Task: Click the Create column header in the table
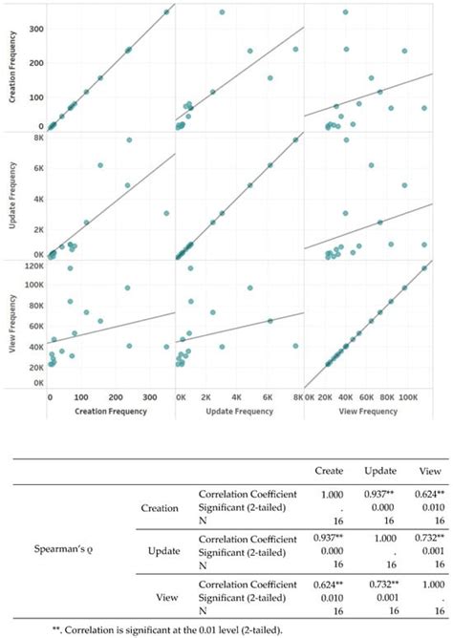tap(330, 471)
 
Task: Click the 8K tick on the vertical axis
tap(35, 139)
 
